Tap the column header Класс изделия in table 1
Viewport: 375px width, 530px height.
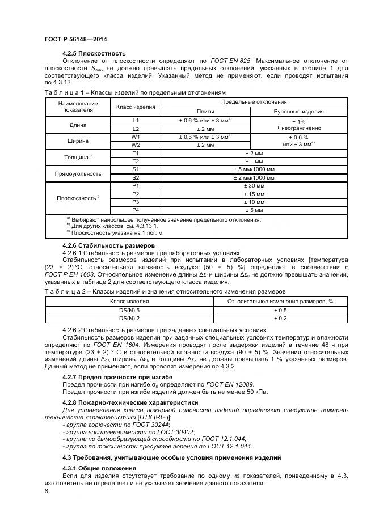pyautogui.click(x=136, y=107)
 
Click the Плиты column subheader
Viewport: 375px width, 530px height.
pyautogui.click(x=205, y=112)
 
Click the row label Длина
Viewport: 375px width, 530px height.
pyautogui.click(x=78, y=125)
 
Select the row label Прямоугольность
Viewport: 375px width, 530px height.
pyautogui.click(x=78, y=173)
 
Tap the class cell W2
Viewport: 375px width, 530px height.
pyautogui.click(x=136, y=145)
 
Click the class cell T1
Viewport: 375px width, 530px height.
pyautogui.click(x=136, y=153)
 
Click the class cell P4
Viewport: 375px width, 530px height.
pyautogui.click(x=136, y=210)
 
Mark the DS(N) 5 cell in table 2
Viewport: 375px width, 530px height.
pyautogui.click(x=129, y=311)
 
